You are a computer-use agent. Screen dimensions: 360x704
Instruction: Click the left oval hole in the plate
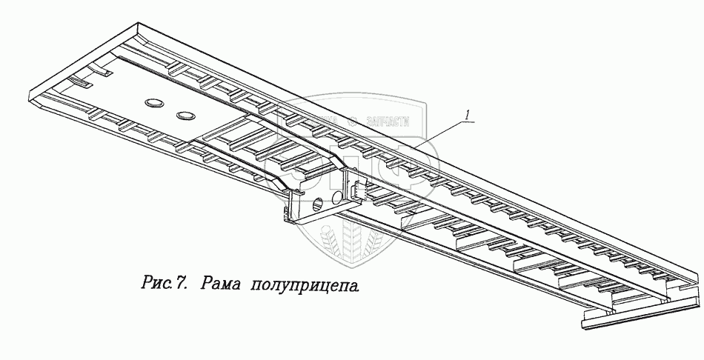[155, 103]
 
